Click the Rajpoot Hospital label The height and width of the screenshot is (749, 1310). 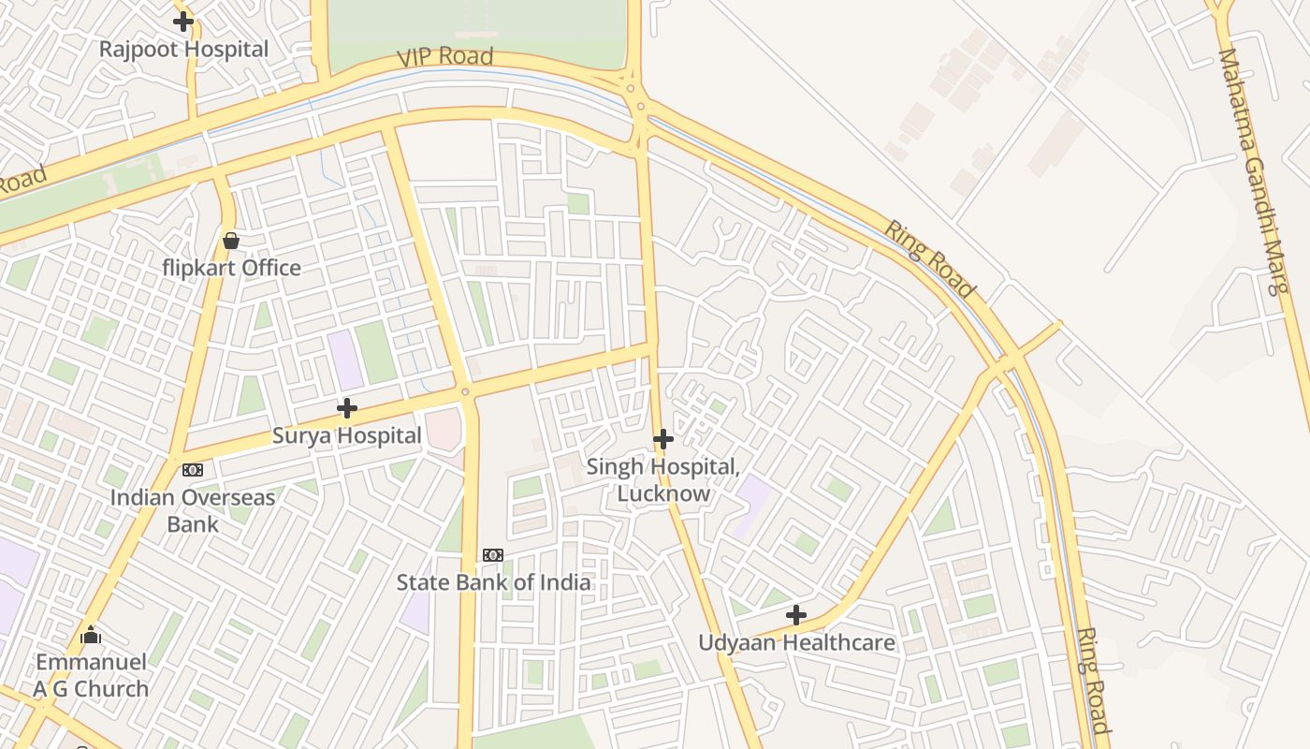click(x=183, y=50)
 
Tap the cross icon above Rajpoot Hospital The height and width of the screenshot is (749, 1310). click(x=183, y=21)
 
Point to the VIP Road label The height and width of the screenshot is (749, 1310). click(x=444, y=56)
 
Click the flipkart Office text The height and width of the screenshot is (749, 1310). click(x=231, y=269)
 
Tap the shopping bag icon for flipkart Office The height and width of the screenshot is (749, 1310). click(x=231, y=242)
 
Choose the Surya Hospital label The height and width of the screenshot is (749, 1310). click(x=346, y=435)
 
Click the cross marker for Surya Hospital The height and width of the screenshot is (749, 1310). click(x=347, y=408)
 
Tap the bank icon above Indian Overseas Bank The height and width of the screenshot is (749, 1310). click(x=193, y=470)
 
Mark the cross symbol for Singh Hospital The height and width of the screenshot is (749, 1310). click(x=663, y=438)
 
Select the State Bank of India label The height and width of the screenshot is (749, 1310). click(x=493, y=582)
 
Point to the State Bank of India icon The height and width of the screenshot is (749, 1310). click(x=493, y=555)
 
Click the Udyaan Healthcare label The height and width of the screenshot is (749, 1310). click(x=796, y=643)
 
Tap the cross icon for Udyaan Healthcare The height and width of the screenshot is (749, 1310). click(x=796, y=615)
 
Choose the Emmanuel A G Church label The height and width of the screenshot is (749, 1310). click(x=91, y=675)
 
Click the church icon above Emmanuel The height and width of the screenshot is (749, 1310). click(x=91, y=636)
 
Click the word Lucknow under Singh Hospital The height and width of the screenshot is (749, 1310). click(x=663, y=493)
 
